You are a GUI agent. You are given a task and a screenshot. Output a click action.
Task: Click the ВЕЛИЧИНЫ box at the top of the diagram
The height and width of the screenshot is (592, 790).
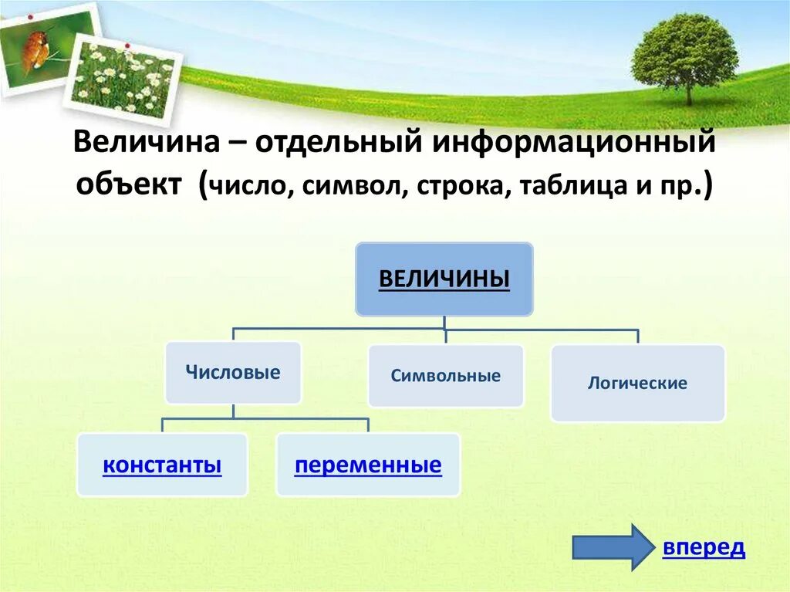click(x=444, y=279)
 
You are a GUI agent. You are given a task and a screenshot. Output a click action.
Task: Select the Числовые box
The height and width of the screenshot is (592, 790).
click(x=233, y=373)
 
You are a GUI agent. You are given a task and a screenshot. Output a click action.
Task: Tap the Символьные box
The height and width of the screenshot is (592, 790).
click(x=445, y=376)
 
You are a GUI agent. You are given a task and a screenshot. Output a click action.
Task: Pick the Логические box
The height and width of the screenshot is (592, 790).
click(x=637, y=383)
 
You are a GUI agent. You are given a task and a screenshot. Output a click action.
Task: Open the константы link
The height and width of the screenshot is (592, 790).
click(x=162, y=465)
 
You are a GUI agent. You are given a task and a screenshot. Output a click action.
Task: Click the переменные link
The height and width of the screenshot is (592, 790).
click(x=368, y=465)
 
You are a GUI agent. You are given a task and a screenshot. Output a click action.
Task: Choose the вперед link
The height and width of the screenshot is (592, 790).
click(x=704, y=547)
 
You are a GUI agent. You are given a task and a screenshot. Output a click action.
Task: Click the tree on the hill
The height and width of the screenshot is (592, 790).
click(x=684, y=54)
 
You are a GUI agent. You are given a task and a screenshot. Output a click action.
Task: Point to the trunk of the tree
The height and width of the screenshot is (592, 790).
click(x=689, y=93)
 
